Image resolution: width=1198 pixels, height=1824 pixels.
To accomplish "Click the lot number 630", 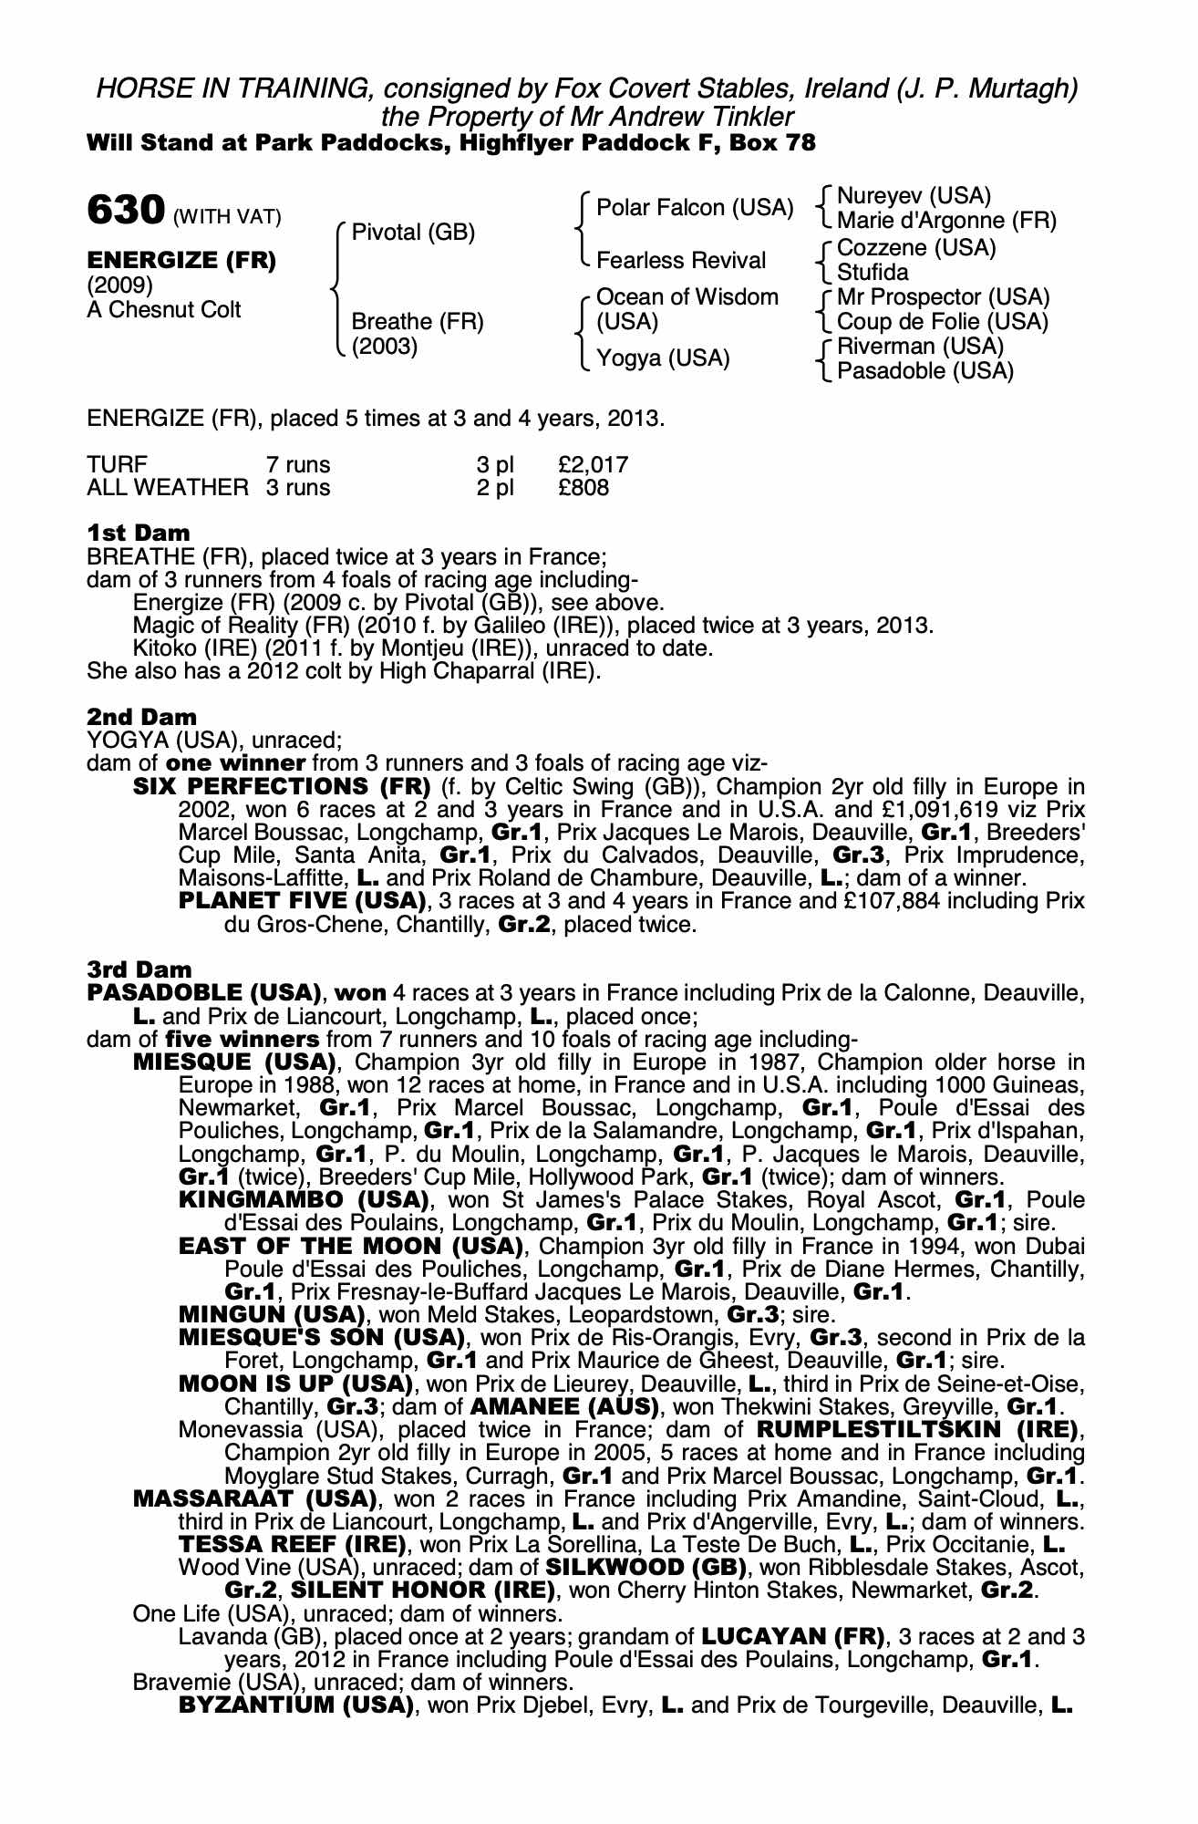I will pyautogui.click(x=124, y=211).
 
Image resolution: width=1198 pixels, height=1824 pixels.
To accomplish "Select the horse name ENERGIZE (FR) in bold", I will pyautogui.click(x=181, y=260).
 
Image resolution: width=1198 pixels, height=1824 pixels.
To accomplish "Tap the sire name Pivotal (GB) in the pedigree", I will pyautogui.click(x=413, y=233).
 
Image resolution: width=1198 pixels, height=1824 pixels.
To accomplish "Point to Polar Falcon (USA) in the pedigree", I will pyautogui.click(x=695, y=208).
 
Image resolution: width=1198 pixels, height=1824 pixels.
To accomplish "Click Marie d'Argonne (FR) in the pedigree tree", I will pyautogui.click(x=946, y=221).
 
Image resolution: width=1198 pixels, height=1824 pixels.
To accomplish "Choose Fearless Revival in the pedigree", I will pyautogui.click(x=680, y=261).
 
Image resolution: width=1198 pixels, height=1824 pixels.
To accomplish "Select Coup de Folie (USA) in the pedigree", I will pyautogui.click(x=943, y=322).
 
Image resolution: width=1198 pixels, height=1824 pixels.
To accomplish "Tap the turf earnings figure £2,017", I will pyautogui.click(x=593, y=464).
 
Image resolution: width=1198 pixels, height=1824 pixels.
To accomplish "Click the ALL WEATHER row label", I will pyautogui.click(x=167, y=488).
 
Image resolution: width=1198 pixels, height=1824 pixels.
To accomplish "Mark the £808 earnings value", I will pyautogui.click(x=584, y=488).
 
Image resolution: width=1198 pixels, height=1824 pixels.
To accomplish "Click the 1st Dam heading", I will pyautogui.click(x=139, y=533).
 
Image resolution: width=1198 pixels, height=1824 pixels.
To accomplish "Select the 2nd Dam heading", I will pyautogui.click(x=141, y=717).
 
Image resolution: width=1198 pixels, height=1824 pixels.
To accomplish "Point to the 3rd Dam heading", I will pyautogui.click(x=139, y=969).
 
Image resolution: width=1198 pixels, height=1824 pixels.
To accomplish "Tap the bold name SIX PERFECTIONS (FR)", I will pyautogui.click(x=282, y=786).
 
